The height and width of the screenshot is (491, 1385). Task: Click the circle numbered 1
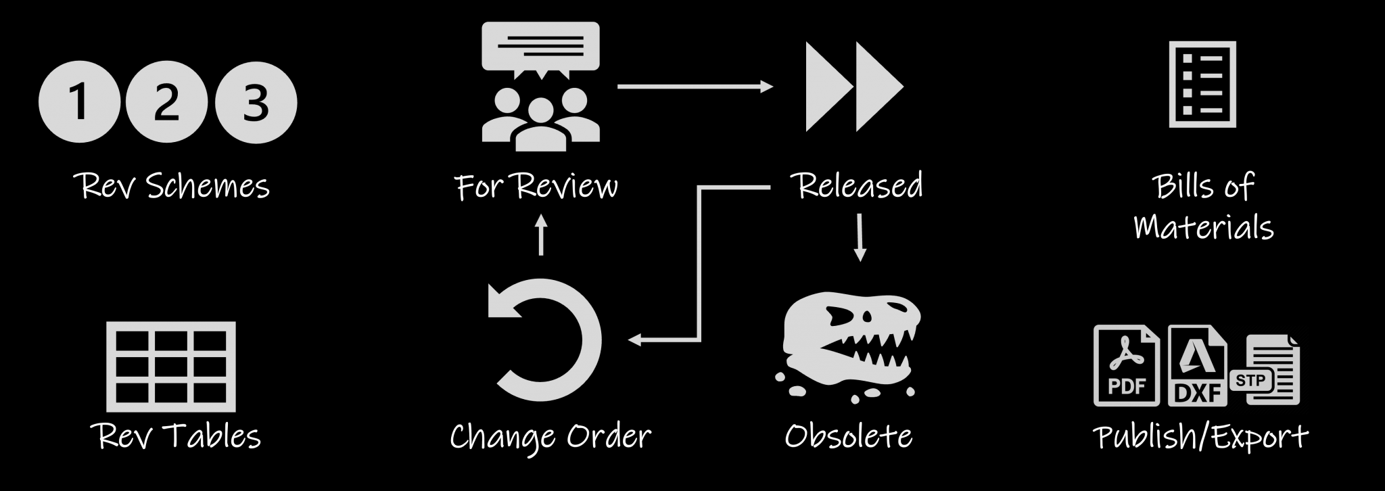pos(79,101)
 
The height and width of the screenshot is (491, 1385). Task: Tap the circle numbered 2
pos(166,101)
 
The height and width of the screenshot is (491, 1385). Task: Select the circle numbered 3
pos(256,101)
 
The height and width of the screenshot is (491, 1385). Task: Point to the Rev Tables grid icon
pos(171,366)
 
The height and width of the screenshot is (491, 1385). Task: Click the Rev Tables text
pos(176,436)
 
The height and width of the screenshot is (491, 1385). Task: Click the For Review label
pos(536,186)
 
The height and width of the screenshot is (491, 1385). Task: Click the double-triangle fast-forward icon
pos(853,87)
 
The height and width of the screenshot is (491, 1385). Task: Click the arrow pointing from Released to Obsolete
pos(860,237)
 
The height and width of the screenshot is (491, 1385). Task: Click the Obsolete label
pos(849,436)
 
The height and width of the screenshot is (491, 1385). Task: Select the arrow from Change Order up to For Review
pos(540,235)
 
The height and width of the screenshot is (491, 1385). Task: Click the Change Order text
pos(550,437)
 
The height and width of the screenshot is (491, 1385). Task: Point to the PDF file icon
pos(1126,365)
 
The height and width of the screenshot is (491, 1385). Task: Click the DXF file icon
pos(1198,366)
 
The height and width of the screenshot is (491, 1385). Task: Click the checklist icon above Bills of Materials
pos(1202,85)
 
